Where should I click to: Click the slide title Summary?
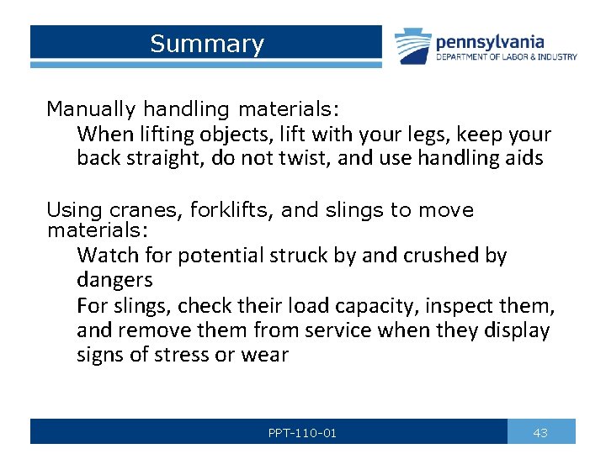pyautogui.click(x=206, y=44)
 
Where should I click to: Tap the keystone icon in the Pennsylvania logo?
pyautogui.click(x=412, y=47)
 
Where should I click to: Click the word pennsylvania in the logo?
pyautogui.click(x=489, y=41)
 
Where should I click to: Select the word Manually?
pyautogui.click(x=91, y=108)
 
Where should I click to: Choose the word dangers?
pyautogui.click(x=114, y=279)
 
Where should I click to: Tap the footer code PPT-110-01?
pyautogui.click(x=302, y=433)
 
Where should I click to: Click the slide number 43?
pyautogui.click(x=540, y=433)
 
